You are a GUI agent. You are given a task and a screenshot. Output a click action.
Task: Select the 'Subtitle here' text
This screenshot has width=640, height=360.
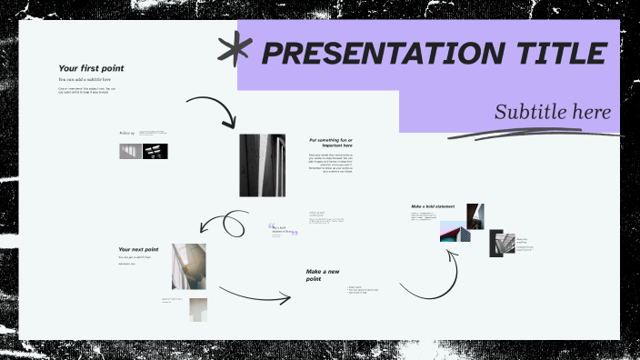click(552, 113)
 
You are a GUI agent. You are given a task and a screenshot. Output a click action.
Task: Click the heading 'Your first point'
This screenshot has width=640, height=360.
click(91, 68)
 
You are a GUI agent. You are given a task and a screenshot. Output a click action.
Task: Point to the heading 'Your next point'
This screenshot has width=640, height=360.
click(138, 249)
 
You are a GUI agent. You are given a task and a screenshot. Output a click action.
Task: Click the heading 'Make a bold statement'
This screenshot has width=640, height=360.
click(433, 206)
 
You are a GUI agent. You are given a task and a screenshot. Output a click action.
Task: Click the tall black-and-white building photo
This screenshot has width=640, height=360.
click(262, 165)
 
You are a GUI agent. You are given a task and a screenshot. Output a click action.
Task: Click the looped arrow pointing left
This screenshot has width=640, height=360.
click(225, 223)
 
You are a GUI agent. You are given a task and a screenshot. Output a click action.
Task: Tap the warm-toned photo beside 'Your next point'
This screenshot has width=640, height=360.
click(189, 266)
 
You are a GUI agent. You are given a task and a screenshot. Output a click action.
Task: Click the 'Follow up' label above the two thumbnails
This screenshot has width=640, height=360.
click(126, 134)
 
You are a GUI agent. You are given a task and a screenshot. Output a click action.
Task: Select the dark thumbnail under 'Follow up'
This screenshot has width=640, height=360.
click(155, 152)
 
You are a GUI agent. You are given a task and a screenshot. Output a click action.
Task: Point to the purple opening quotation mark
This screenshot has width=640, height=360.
click(271, 227)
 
